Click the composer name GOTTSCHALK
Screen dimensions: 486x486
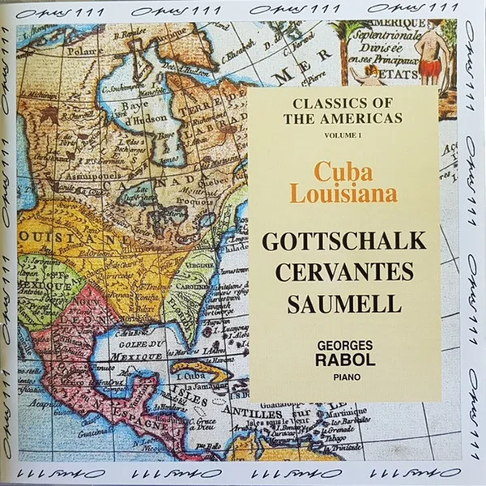coord(355,241)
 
